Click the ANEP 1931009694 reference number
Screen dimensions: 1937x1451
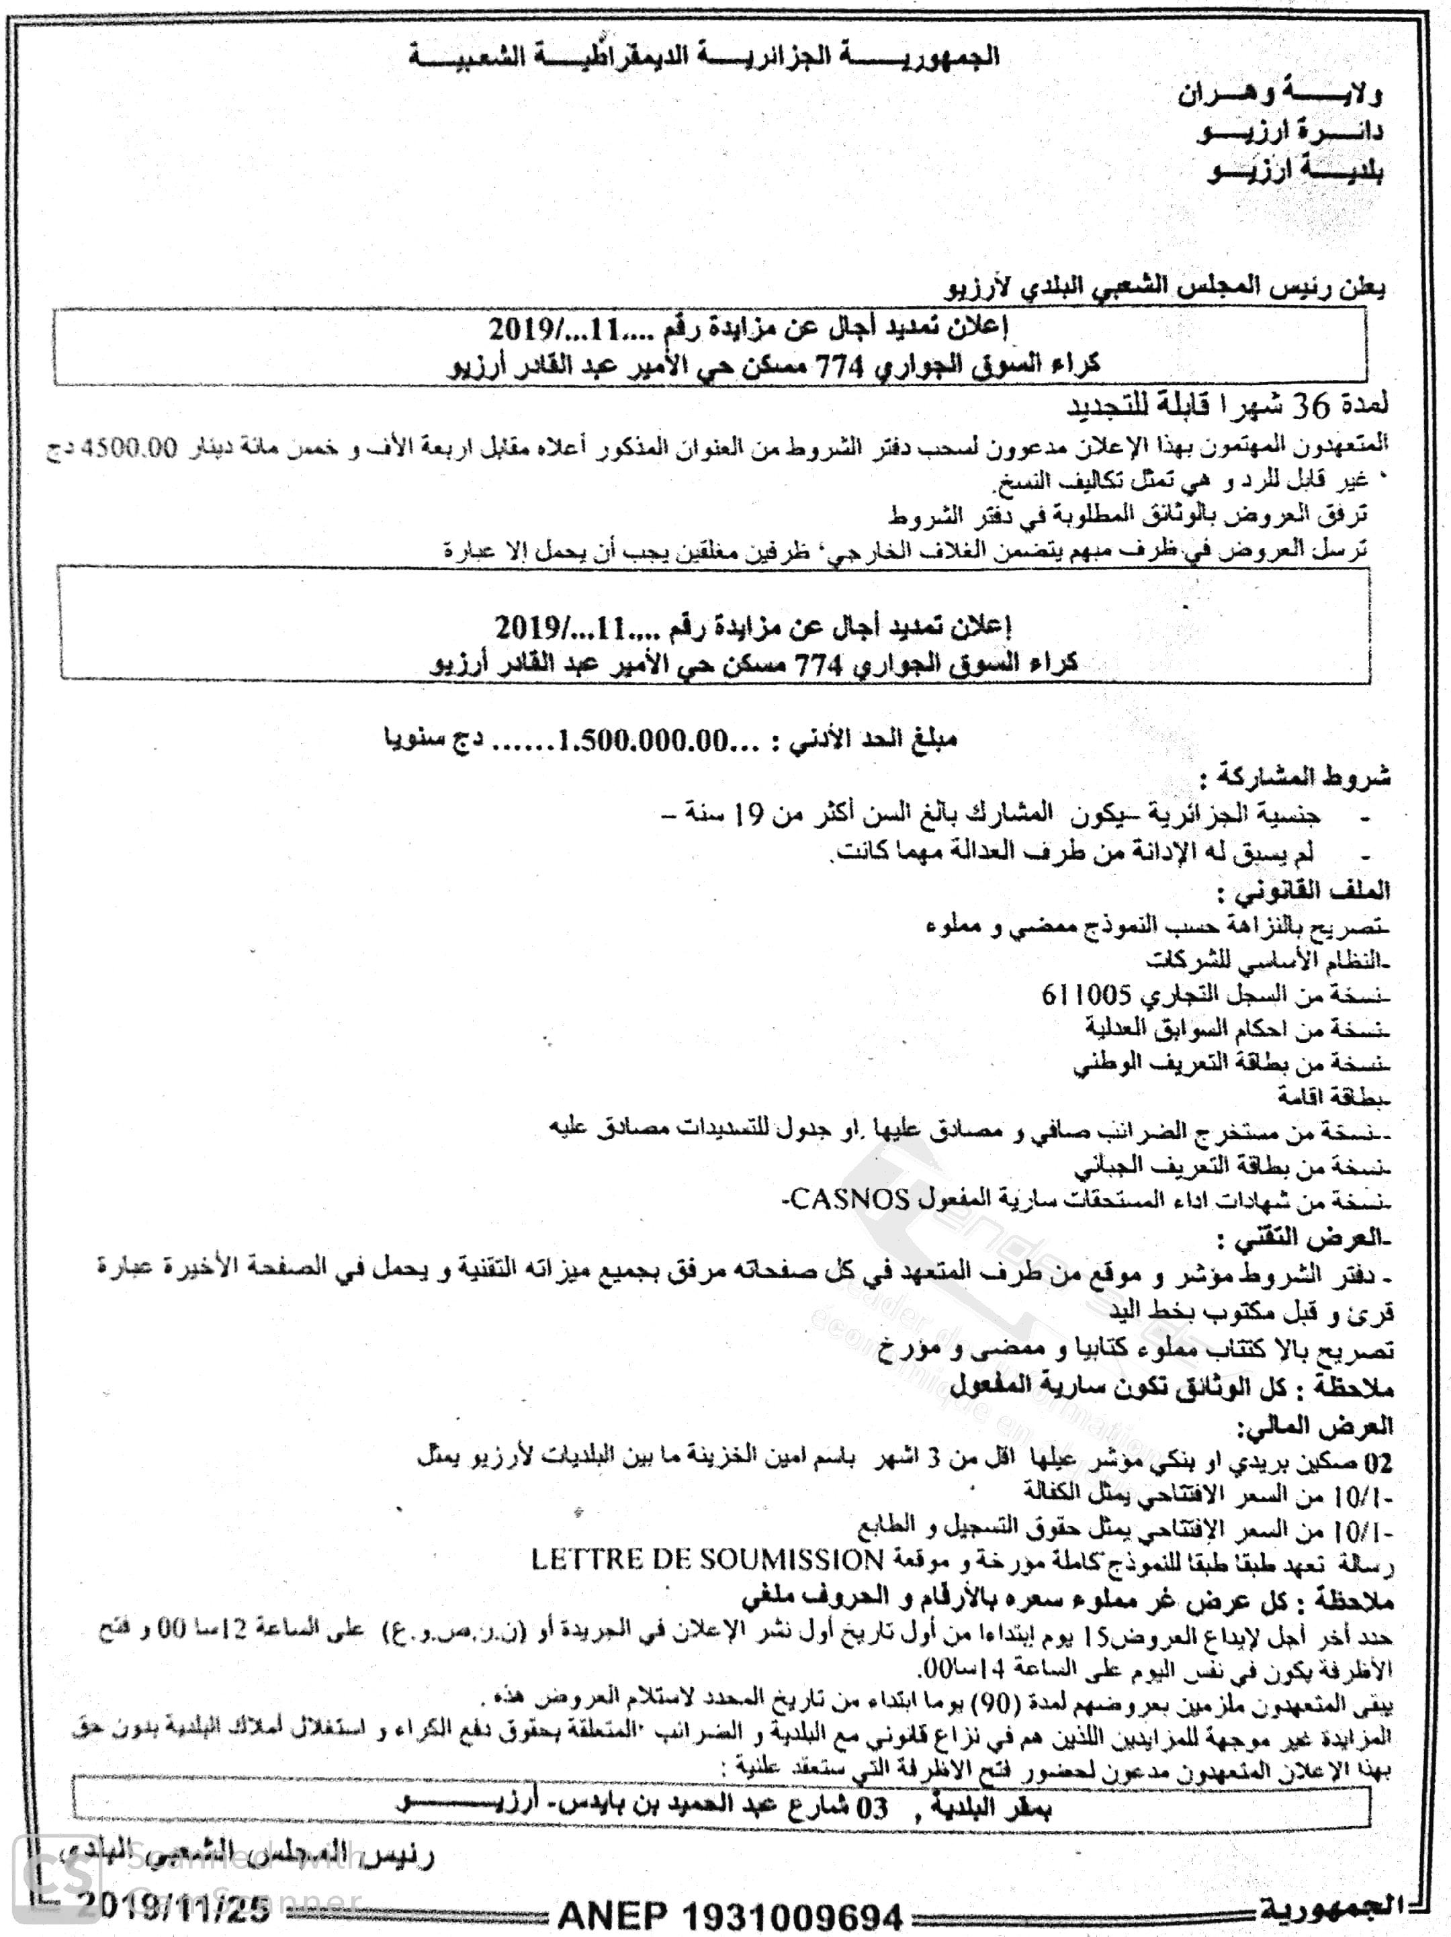coord(730,1914)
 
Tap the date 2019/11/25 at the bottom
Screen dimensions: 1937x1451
coord(173,1906)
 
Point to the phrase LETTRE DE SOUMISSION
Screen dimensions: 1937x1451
coord(707,1560)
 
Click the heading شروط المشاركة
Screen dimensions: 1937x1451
coord(1294,776)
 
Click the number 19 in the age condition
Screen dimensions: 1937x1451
coord(750,815)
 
